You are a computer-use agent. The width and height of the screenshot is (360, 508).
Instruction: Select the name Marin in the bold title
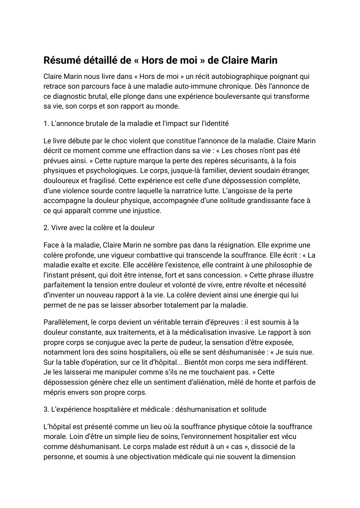click(264, 60)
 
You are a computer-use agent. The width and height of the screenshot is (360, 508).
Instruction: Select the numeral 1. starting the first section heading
click(46, 124)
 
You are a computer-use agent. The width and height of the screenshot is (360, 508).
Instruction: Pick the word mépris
click(54, 392)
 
